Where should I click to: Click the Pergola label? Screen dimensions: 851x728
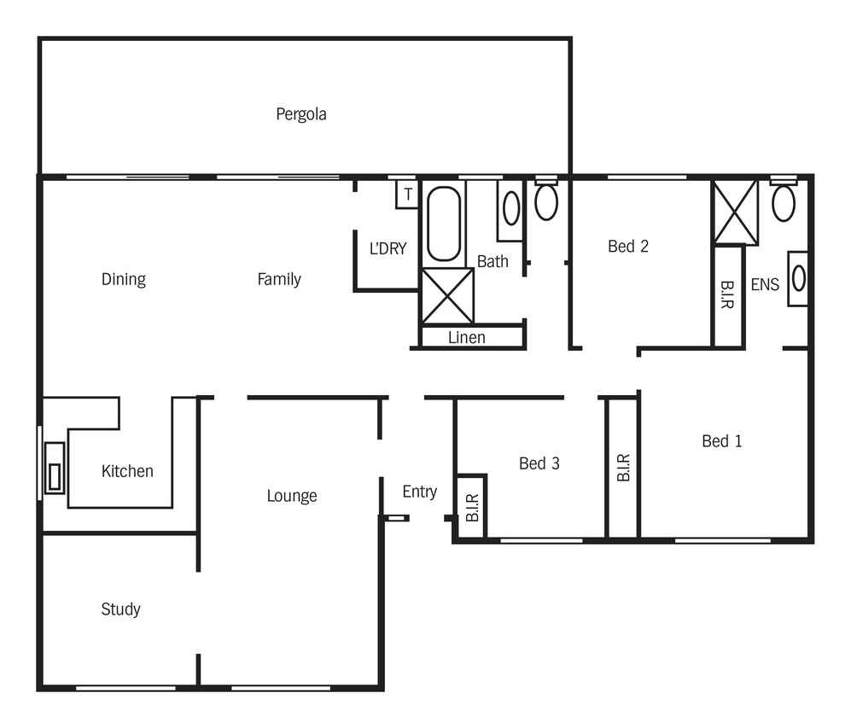point(301,114)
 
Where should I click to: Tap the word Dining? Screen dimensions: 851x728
point(124,279)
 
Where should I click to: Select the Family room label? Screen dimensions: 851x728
point(279,279)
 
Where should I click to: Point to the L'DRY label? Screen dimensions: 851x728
point(388,248)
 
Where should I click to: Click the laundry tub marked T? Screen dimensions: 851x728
point(408,195)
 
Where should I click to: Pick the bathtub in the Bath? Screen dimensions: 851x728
point(444,224)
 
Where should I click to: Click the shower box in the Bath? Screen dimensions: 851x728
point(448,296)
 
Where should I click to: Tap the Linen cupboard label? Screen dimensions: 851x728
point(467,337)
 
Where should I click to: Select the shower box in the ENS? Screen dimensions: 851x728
point(736,213)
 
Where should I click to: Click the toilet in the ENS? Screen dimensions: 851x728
point(784,200)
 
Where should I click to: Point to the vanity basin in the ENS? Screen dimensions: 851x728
point(798,279)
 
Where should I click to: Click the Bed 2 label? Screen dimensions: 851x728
point(628,247)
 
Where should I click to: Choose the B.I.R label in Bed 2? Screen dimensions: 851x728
point(727,294)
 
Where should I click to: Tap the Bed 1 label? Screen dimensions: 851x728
point(722,441)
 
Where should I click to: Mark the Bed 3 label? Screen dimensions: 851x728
point(539,463)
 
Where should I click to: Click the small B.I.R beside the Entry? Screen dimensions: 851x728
point(472,507)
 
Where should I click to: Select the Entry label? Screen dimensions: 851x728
point(420,492)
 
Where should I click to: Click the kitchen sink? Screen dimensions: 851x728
point(55,469)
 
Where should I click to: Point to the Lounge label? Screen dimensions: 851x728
point(292,496)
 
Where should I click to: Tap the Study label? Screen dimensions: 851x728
point(120,609)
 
